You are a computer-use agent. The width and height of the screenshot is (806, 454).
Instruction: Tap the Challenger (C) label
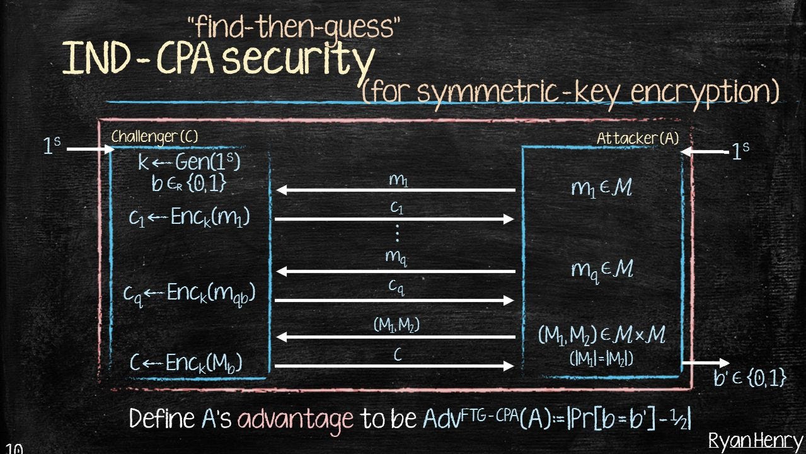click(155, 137)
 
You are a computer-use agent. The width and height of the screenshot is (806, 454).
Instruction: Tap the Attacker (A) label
click(637, 138)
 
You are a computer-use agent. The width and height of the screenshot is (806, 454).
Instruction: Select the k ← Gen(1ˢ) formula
click(189, 162)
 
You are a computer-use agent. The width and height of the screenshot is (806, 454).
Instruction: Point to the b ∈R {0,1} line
click(188, 183)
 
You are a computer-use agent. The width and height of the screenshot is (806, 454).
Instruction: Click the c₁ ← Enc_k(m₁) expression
click(189, 218)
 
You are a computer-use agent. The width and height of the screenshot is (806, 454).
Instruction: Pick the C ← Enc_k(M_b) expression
click(186, 363)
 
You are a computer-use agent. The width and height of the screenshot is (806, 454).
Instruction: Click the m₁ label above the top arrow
click(398, 180)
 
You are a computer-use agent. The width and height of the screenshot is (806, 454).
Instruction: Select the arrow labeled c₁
click(394, 219)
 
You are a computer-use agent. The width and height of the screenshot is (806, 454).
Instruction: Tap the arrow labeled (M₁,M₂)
click(396, 337)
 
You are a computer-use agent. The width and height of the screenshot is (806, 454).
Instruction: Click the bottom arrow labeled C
click(394, 366)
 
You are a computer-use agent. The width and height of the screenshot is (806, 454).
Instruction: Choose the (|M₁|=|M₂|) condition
click(601, 359)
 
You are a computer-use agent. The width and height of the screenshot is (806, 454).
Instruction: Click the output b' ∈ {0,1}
click(750, 378)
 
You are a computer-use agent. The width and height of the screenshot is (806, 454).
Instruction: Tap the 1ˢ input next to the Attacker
click(740, 151)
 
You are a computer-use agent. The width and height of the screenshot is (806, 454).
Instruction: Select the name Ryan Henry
click(756, 441)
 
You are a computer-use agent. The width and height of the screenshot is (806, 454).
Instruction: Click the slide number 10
click(14, 449)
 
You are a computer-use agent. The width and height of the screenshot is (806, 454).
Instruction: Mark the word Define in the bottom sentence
click(162, 418)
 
